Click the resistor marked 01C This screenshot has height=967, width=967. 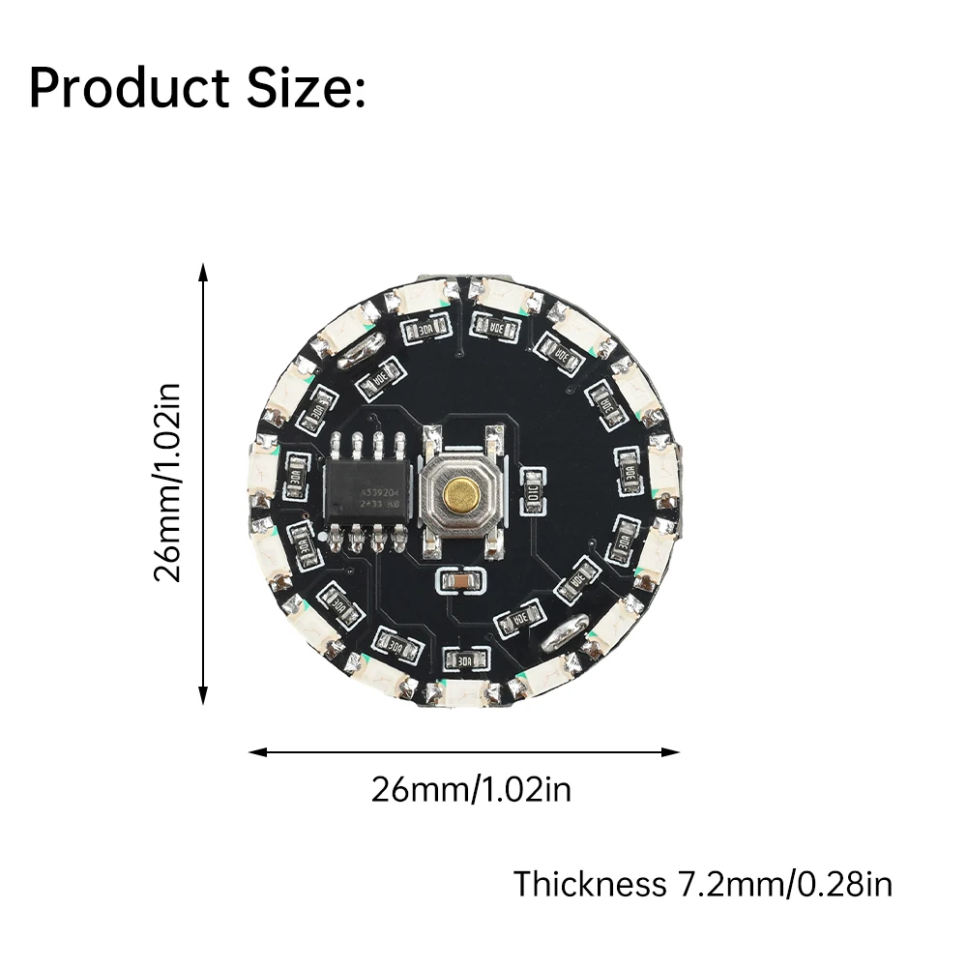(532, 491)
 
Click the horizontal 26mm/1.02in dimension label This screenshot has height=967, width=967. (471, 790)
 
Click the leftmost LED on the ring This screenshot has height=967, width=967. (262, 474)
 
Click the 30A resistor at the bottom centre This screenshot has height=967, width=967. (465, 659)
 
